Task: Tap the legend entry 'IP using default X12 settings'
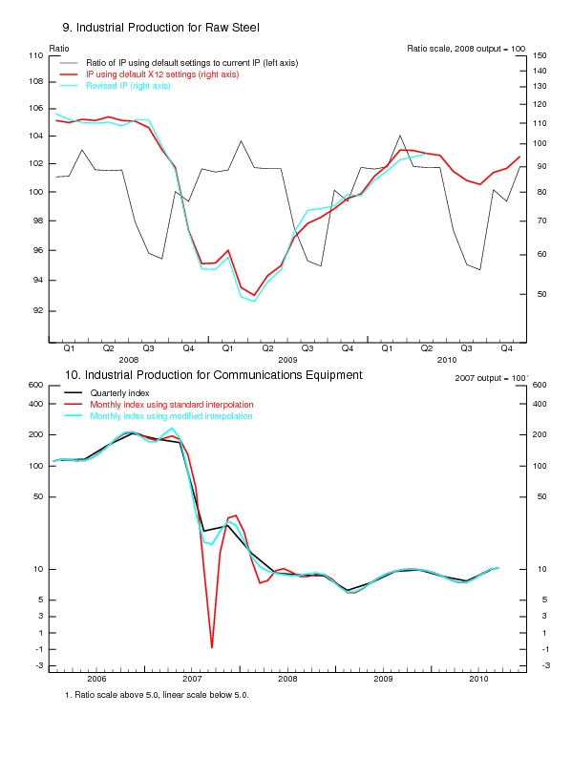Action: click(162, 74)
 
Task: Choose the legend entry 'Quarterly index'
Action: click(119, 392)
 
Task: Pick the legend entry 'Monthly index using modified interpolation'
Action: click(171, 416)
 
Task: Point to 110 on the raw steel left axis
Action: click(35, 56)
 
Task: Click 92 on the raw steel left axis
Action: click(38, 311)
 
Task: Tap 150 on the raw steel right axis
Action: click(540, 56)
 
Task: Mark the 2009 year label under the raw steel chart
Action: click(287, 359)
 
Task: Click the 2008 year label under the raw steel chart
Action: click(128, 359)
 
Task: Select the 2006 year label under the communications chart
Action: click(96, 678)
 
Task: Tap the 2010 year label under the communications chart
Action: click(478, 678)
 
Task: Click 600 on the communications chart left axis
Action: click(35, 385)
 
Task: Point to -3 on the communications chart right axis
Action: click(540, 665)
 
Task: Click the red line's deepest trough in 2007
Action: click(212, 647)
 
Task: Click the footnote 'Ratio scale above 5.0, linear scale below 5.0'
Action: click(157, 694)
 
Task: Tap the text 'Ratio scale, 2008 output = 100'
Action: click(466, 48)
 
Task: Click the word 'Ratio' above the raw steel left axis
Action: click(58, 48)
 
